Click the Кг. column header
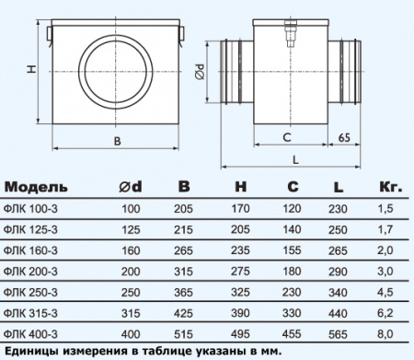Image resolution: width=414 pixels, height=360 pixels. tap(389, 187)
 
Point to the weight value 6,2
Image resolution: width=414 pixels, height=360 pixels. tap(389, 312)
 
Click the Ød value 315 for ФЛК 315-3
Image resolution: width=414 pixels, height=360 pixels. tap(131, 312)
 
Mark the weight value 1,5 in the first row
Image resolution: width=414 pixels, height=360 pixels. tap(389, 208)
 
